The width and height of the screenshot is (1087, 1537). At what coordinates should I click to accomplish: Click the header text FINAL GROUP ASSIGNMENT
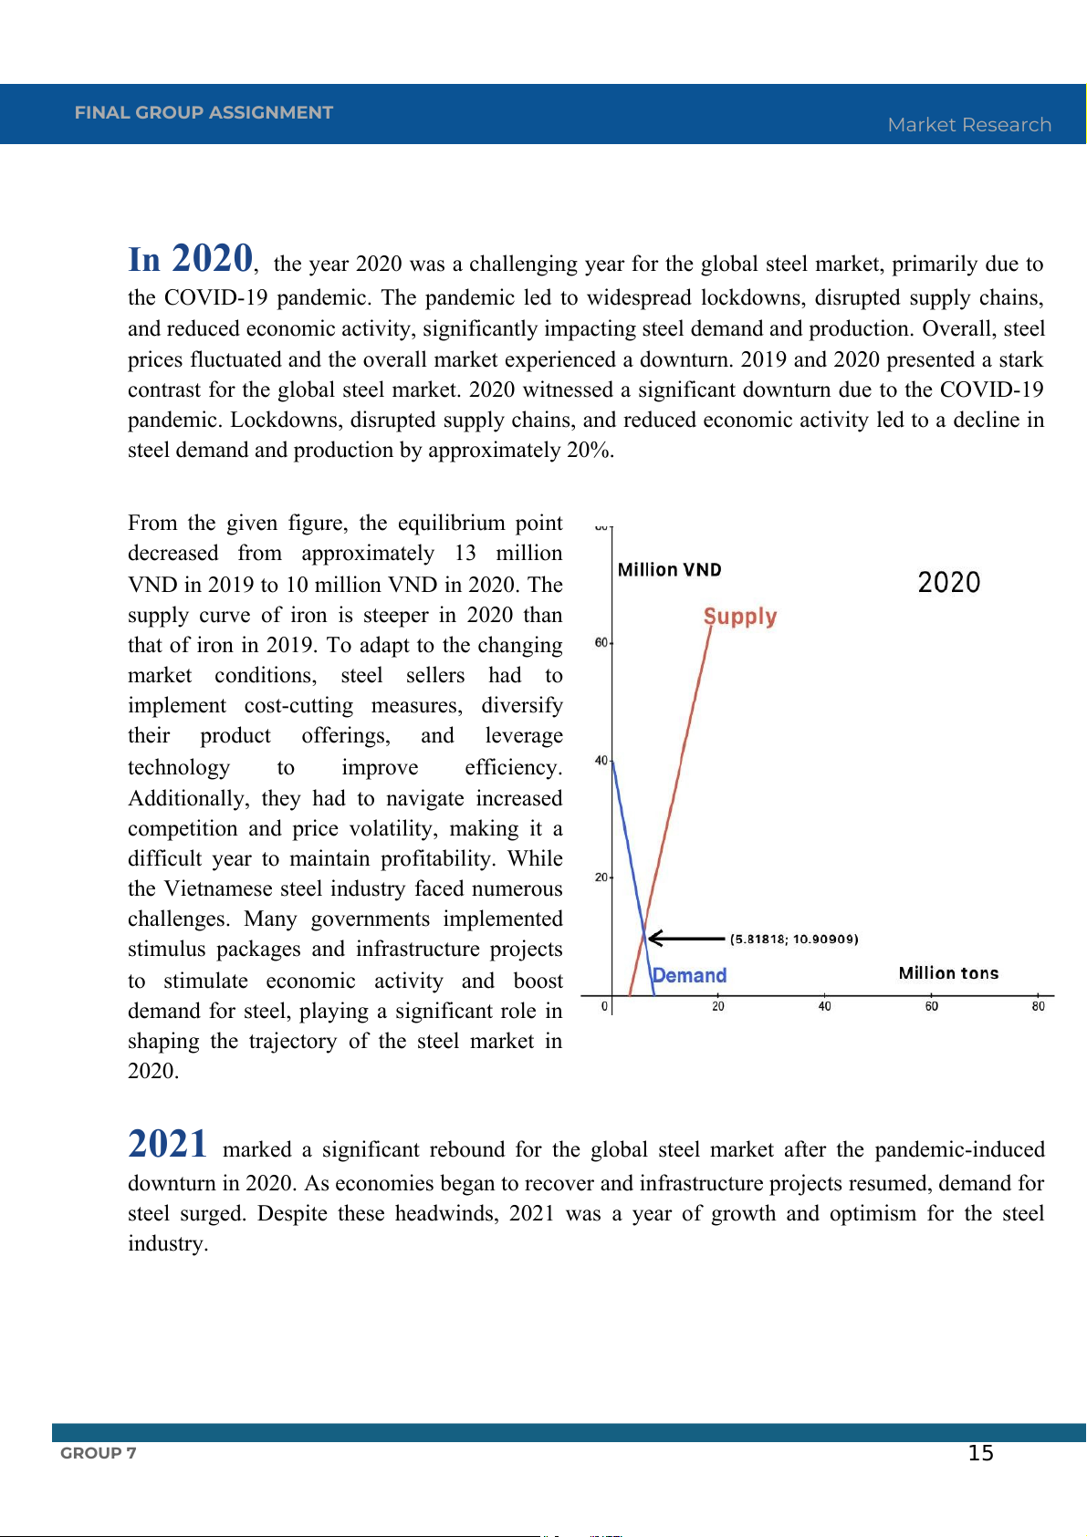[x=204, y=112]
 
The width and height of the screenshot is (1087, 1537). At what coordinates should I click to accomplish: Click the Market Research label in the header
[x=969, y=125]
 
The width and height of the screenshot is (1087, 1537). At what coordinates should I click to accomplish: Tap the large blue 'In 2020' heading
[x=191, y=259]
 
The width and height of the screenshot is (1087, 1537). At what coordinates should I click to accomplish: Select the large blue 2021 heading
[x=168, y=1144]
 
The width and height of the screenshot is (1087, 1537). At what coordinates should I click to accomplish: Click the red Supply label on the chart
[x=740, y=617]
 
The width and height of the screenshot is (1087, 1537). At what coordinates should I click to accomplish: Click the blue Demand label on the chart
[x=690, y=975]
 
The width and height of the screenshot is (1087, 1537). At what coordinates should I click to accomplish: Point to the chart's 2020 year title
[x=948, y=582]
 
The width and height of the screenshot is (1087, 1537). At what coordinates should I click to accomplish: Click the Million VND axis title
[x=669, y=570]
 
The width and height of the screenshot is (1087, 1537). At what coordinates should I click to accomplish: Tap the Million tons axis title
[x=948, y=973]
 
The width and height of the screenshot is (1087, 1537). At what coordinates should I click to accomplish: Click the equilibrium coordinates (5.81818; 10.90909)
[x=794, y=939]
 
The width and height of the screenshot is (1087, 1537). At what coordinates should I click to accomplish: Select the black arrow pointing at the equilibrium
[x=685, y=938]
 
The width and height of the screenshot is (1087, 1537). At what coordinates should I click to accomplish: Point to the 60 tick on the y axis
[x=601, y=643]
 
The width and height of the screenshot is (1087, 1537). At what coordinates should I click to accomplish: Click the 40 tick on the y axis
[x=601, y=761]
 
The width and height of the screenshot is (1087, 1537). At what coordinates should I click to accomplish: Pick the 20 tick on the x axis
[x=718, y=1006]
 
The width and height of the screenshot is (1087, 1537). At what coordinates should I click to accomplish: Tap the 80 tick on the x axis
[x=1038, y=1006]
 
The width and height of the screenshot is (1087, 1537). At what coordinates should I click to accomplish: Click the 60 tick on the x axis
[x=931, y=1006]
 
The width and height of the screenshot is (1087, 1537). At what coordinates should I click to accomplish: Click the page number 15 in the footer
[x=980, y=1453]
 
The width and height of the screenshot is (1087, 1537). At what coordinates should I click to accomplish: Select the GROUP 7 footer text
[x=99, y=1453]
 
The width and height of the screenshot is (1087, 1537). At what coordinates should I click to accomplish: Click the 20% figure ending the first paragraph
[x=590, y=451]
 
